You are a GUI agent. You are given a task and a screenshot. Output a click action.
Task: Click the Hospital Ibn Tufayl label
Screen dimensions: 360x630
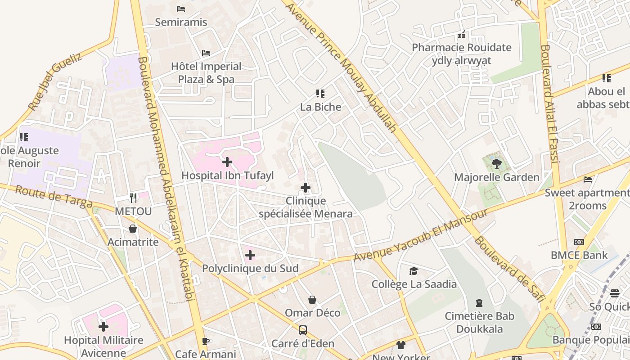(x=227, y=175)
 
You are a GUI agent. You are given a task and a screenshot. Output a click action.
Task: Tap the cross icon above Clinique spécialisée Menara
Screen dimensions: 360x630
(x=306, y=187)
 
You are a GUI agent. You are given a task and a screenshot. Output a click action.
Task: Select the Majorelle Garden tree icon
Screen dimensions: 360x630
(x=496, y=164)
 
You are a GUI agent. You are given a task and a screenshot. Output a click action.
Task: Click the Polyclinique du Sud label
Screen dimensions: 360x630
(x=250, y=269)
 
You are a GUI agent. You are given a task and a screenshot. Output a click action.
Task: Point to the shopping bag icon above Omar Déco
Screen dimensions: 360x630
(x=312, y=300)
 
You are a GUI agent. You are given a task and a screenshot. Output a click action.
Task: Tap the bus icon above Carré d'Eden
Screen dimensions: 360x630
(x=303, y=330)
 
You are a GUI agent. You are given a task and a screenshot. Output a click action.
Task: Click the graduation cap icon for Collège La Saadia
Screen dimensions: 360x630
(x=414, y=271)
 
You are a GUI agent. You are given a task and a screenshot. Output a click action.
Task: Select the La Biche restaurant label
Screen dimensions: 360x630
(x=320, y=107)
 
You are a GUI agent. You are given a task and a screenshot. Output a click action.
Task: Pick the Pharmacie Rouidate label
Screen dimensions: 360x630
(x=462, y=48)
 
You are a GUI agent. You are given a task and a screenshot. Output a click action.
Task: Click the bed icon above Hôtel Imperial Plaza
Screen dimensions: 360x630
(x=206, y=53)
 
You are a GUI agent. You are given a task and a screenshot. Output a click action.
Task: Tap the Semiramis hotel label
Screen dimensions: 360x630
(x=181, y=22)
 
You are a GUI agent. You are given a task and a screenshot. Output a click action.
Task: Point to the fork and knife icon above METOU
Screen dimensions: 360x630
(x=133, y=197)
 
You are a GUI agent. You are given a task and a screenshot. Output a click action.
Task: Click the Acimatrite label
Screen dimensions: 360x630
(x=133, y=242)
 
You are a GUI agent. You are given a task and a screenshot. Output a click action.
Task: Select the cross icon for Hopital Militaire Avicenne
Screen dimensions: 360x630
(x=103, y=327)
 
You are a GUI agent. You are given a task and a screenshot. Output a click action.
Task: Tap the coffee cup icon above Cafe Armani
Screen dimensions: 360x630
(x=206, y=341)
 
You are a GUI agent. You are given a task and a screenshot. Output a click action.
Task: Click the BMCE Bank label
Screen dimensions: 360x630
(x=579, y=255)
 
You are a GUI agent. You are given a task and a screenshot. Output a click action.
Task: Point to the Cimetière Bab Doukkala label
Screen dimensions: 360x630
(x=479, y=322)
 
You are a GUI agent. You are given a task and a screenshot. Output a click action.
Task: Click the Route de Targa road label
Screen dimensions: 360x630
(x=54, y=197)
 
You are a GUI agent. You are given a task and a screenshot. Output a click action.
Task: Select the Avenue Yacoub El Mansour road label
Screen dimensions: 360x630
(x=421, y=235)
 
